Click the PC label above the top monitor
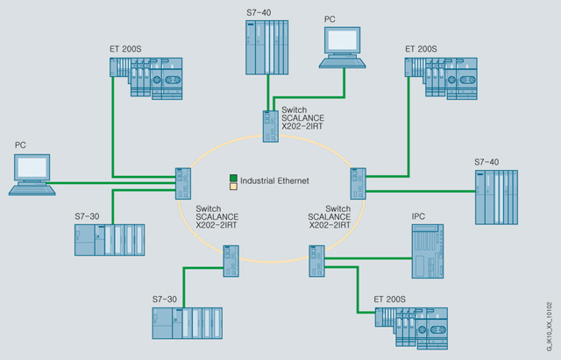pyautogui.click(x=330, y=18)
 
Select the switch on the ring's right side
pyautogui.click(x=357, y=182)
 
